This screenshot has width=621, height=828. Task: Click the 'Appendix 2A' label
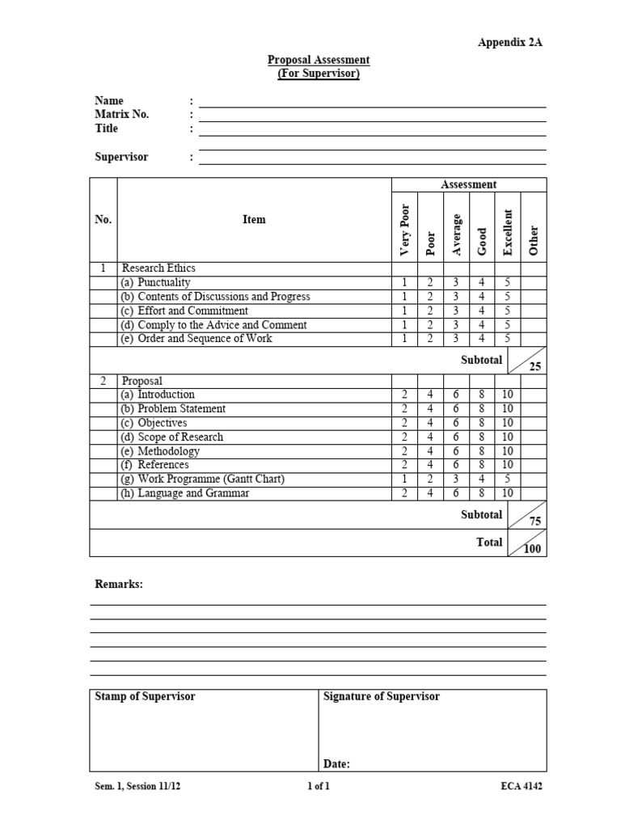(x=509, y=43)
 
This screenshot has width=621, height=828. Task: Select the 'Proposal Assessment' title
(x=319, y=60)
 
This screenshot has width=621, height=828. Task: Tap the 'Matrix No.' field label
(x=122, y=115)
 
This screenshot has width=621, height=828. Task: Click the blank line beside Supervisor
(x=372, y=158)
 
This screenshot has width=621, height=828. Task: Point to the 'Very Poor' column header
(x=405, y=226)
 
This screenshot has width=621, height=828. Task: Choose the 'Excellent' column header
(x=508, y=233)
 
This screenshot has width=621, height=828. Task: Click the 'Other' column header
(x=533, y=240)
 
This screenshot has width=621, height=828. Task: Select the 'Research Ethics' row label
(x=158, y=268)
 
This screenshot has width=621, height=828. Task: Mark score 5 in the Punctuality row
(x=508, y=283)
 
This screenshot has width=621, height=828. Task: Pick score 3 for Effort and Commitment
(x=456, y=310)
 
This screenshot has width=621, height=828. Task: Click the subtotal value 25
(x=534, y=366)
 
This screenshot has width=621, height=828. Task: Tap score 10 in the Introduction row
(x=508, y=395)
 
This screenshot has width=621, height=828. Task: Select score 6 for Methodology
(x=456, y=451)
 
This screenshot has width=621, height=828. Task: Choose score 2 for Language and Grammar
(x=404, y=493)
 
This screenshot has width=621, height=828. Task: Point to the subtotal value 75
(x=534, y=522)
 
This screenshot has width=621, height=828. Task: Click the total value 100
(x=534, y=550)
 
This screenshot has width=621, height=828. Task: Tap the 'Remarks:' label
(x=119, y=584)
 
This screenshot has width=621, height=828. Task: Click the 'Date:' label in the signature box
(x=336, y=763)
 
